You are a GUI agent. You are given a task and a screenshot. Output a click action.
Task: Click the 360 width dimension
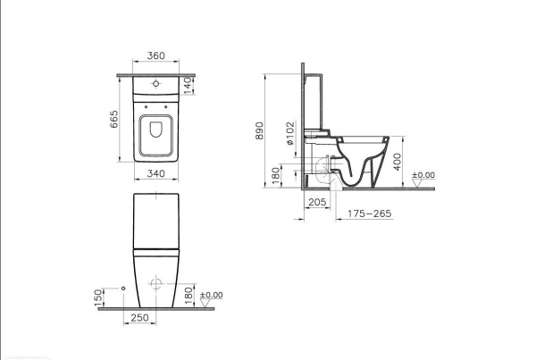pyautogui.click(x=155, y=55)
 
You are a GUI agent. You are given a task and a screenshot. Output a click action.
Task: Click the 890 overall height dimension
pyautogui.click(x=260, y=130)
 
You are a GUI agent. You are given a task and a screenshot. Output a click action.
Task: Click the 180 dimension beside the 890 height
pyautogui.click(x=276, y=175)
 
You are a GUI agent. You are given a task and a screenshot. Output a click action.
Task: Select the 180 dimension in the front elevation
pyautogui.click(x=188, y=294)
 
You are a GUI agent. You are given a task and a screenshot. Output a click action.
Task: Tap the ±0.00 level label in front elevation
pyautogui.click(x=211, y=295)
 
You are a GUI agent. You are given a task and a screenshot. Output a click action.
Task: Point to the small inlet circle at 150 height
pyautogui.click(x=121, y=289)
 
